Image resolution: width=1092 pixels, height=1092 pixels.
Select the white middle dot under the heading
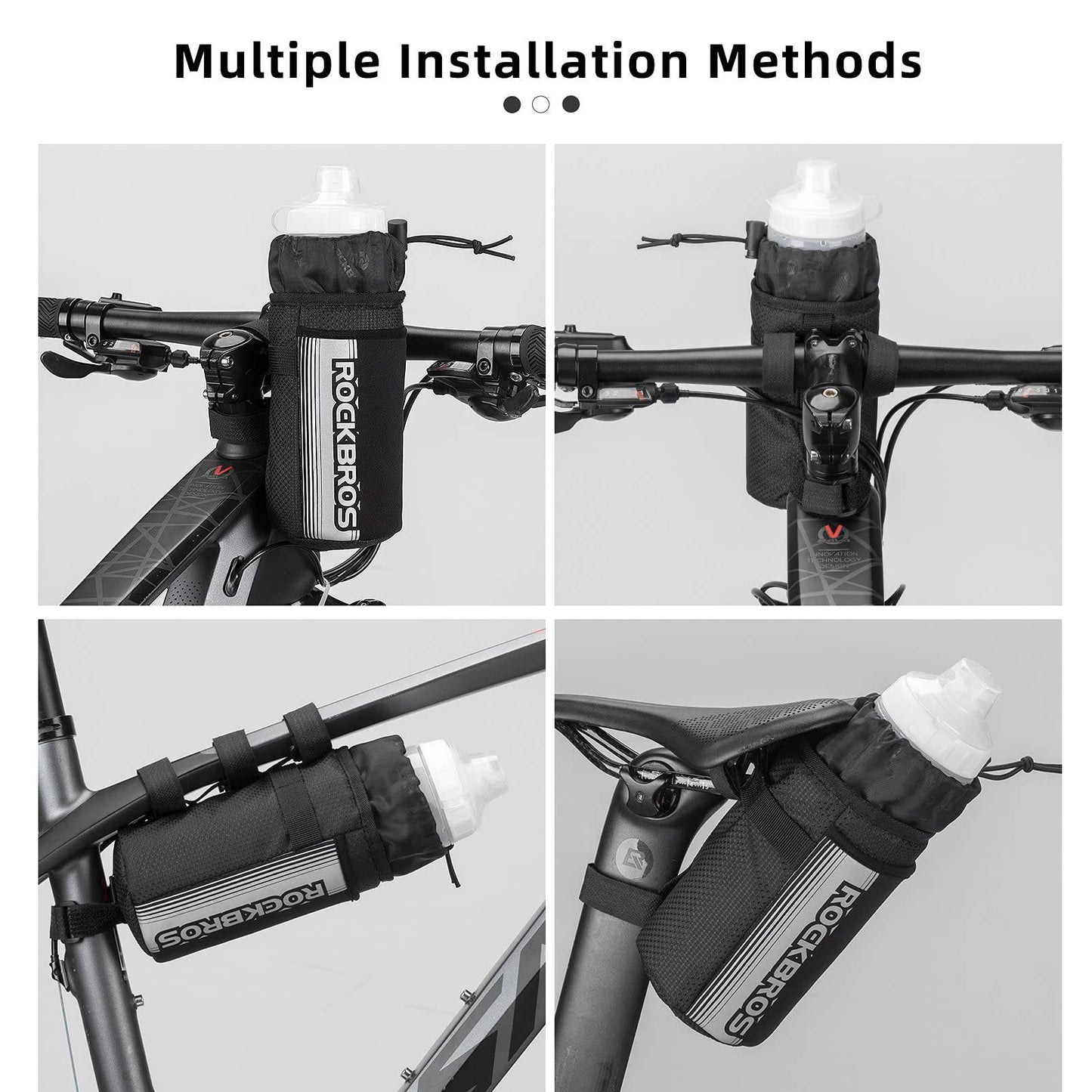[541, 104]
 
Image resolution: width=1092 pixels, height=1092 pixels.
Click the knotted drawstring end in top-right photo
[650, 243]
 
